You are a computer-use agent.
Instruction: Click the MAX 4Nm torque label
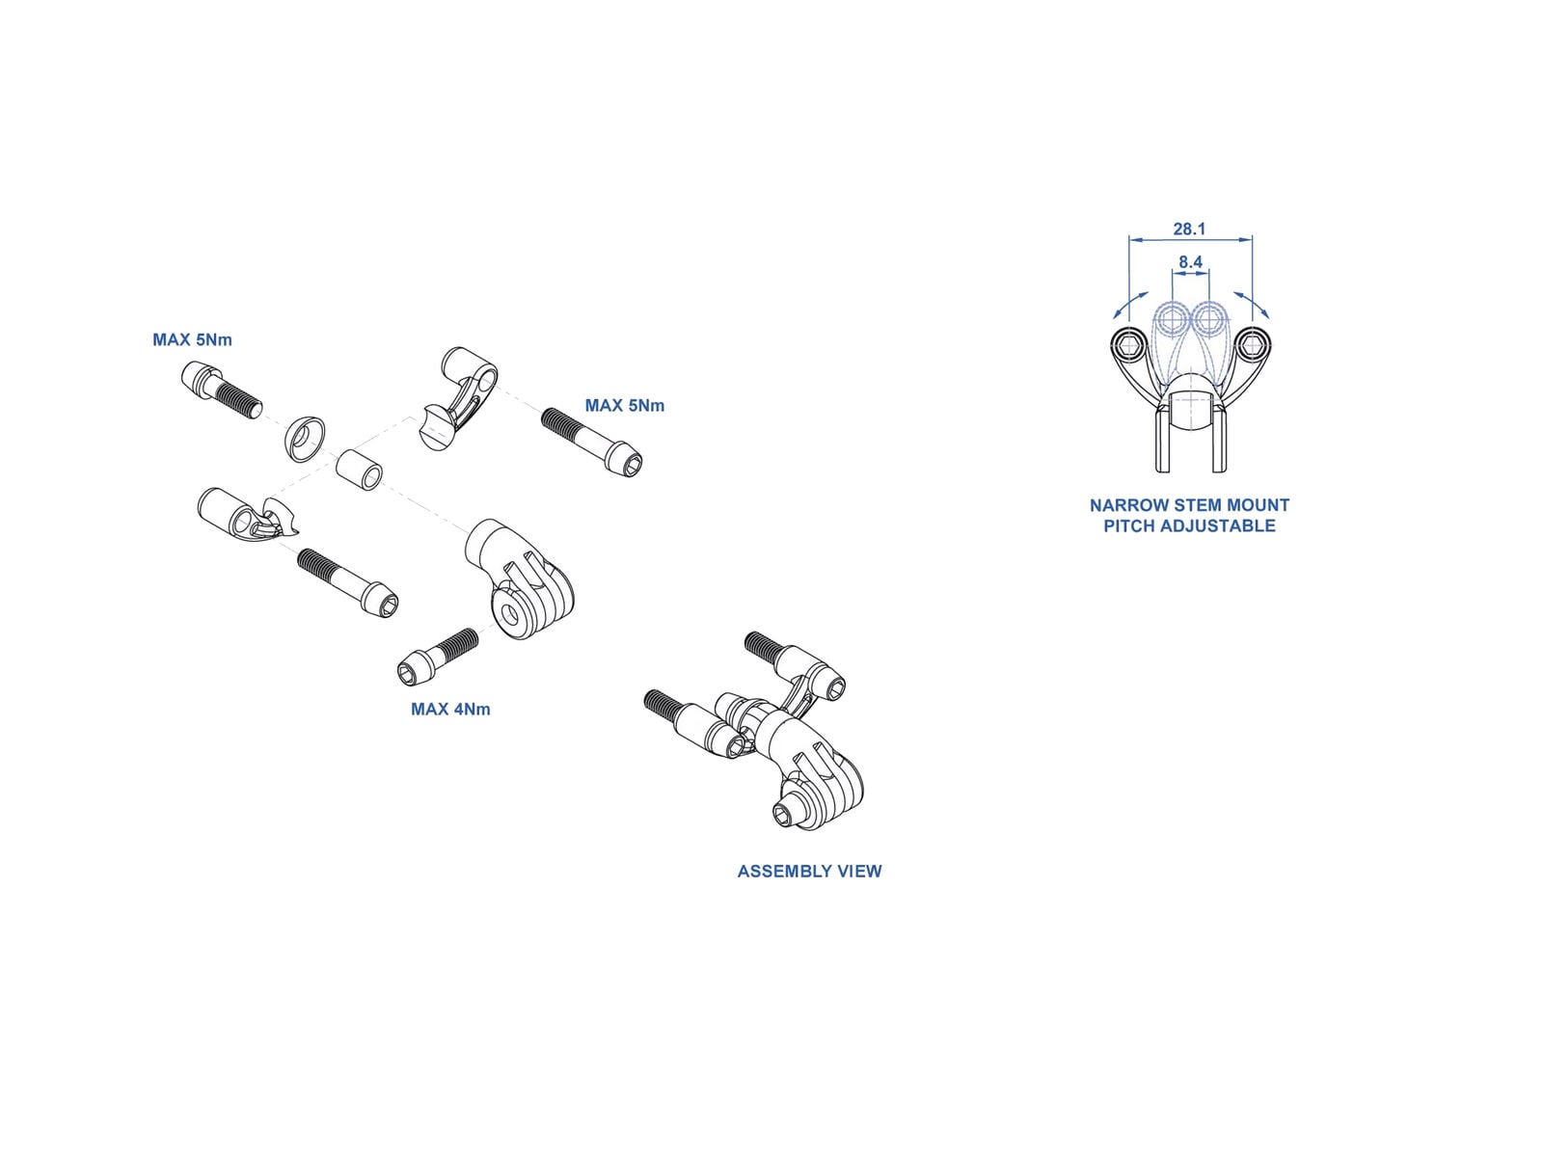(x=450, y=710)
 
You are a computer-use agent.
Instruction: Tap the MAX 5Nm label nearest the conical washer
(x=192, y=340)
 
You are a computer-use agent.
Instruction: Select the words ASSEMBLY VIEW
(x=809, y=872)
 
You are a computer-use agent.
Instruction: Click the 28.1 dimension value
(x=1189, y=229)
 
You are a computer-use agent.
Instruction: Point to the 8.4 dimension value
(x=1190, y=262)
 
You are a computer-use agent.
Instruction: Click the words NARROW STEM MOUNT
(x=1189, y=505)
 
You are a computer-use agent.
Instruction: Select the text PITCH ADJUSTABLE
(x=1189, y=526)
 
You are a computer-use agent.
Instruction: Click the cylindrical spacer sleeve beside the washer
(x=359, y=469)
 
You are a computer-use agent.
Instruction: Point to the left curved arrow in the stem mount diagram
(x=1130, y=305)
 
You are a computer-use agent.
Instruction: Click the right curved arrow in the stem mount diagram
(x=1253, y=304)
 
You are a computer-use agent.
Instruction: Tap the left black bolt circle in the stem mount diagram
(x=1128, y=344)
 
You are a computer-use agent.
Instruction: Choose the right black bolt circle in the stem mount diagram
(x=1252, y=344)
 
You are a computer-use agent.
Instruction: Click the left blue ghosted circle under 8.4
(x=1173, y=319)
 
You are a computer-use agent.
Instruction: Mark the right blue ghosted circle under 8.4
(x=1208, y=319)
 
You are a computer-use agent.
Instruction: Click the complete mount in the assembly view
(x=771, y=733)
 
